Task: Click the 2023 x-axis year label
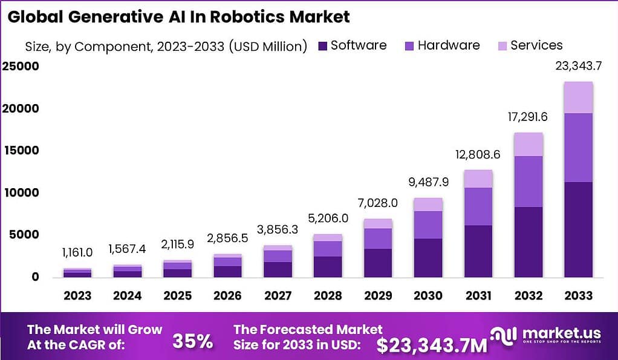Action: point(77,296)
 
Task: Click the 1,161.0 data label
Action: point(77,253)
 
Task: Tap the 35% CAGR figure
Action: point(192,341)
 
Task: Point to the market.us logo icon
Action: point(504,336)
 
